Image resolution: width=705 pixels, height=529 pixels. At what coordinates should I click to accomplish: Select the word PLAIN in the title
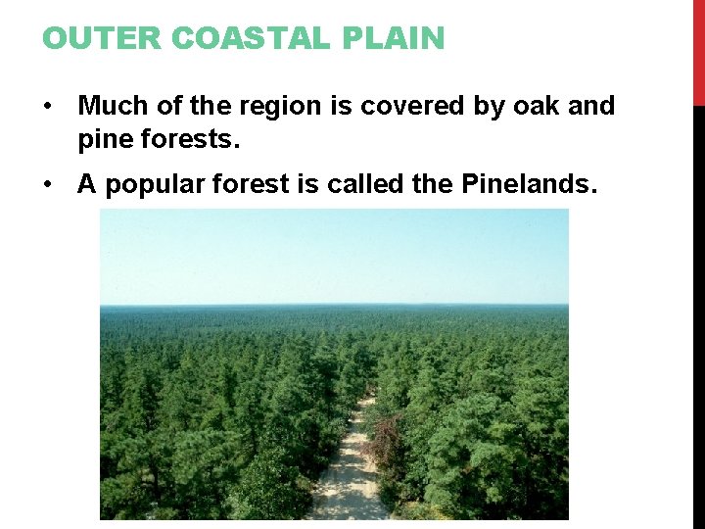click(403, 38)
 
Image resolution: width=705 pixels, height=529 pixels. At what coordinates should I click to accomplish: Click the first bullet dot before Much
click(49, 106)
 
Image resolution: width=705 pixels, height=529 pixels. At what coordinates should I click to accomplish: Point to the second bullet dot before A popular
click(49, 185)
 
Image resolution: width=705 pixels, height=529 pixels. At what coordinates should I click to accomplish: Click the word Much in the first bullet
click(112, 106)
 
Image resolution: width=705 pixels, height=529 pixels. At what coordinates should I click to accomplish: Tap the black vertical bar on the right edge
click(698, 313)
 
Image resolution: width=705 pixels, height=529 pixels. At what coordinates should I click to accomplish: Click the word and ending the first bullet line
click(591, 106)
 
